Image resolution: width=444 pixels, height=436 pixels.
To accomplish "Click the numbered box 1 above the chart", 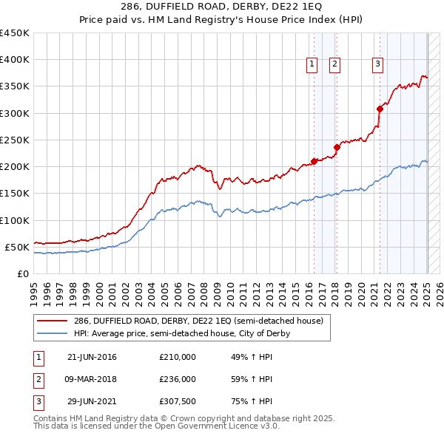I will [312, 65].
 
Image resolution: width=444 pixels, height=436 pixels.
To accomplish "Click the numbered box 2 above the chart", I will [334, 65].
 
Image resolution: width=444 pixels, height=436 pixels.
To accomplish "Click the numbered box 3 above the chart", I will [377, 65].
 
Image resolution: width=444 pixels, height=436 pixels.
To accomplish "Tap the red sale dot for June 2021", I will [380, 109].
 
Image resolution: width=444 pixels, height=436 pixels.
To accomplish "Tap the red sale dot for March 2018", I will [337, 146].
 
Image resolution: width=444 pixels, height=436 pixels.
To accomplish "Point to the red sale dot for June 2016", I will [314, 160].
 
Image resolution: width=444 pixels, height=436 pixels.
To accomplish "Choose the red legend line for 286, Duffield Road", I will [53, 321].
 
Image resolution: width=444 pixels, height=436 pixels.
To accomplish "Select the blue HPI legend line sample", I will [53, 334].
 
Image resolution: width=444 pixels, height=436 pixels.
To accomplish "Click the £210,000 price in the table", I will [178, 357].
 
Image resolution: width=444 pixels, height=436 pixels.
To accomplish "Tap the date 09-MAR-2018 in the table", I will [92, 380].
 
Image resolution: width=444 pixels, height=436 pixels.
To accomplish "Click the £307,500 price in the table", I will [178, 403].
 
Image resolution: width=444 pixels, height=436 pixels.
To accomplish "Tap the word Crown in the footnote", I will [154, 418].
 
